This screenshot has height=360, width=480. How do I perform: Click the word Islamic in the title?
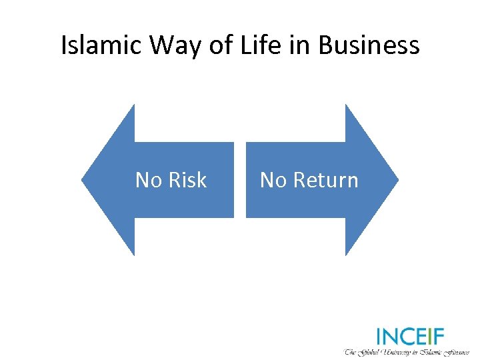click(x=102, y=45)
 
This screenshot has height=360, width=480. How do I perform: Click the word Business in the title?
click(x=369, y=45)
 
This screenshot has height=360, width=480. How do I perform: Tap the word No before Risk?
click(x=149, y=180)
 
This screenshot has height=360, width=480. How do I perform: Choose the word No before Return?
click(x=273, y=180)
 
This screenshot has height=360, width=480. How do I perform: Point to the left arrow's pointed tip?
click(x=83, y=179)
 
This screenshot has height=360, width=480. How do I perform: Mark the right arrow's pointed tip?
click(x=398, y=179)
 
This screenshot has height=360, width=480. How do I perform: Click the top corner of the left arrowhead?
click(x=134, y=105)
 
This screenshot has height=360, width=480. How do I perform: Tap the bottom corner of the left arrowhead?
click(x=134, y=255)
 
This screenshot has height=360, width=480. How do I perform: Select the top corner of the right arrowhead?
click(x=346, y=105)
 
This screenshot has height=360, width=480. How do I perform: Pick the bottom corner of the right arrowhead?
click(x=346, y=255)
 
